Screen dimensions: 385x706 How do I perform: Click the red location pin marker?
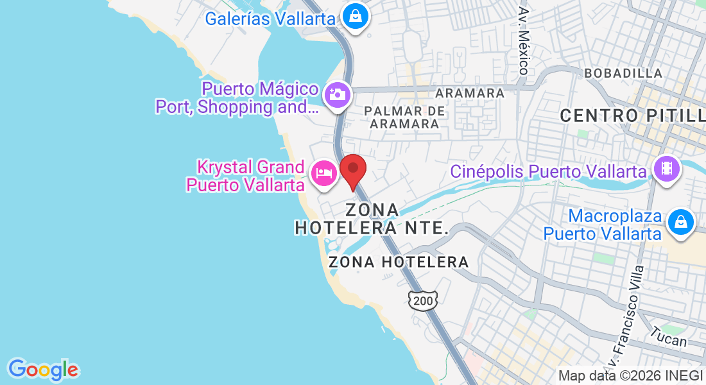[352, 171]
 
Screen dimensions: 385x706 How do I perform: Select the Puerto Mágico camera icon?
[336, 95]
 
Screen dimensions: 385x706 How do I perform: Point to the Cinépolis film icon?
[666, 169]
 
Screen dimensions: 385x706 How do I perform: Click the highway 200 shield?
[423, 299]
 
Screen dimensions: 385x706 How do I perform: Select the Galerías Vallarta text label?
[270, 18]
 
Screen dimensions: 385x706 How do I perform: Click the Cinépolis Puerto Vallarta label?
[547, 172]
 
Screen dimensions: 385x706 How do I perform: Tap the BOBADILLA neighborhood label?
[623, 73]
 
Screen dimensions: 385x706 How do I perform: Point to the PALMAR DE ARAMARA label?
[404, 117]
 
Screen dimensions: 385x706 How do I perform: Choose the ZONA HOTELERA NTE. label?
[371, 219]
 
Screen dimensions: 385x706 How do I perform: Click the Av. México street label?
[524, 41]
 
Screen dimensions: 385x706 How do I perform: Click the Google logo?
[43, 370]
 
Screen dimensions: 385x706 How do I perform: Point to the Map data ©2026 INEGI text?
[631, 376]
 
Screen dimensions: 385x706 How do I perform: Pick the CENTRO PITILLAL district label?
[632, 116]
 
